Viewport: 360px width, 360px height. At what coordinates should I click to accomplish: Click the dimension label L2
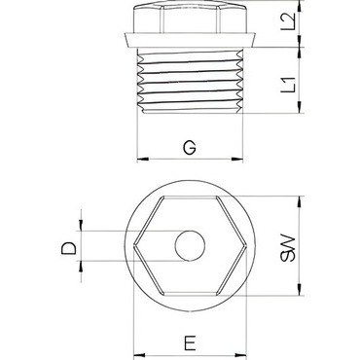tap(288, 21)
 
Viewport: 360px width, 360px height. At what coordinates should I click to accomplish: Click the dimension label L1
tap(288, 84)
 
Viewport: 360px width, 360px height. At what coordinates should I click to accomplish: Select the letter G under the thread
tap(190, 148)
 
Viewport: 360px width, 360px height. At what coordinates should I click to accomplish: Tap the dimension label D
tap(68, 248)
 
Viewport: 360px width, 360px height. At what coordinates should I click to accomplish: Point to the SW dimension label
tap(288, 248)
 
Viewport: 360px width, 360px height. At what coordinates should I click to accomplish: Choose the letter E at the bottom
tap(190, 343)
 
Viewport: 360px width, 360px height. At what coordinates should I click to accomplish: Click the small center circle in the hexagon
tap(190, 246)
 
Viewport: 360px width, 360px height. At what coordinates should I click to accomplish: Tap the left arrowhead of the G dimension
tap(143, 159)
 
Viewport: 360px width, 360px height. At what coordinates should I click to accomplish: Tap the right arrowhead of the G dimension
tap(237, 159)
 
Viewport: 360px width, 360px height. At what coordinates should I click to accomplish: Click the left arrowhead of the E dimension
tap(139, 355)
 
